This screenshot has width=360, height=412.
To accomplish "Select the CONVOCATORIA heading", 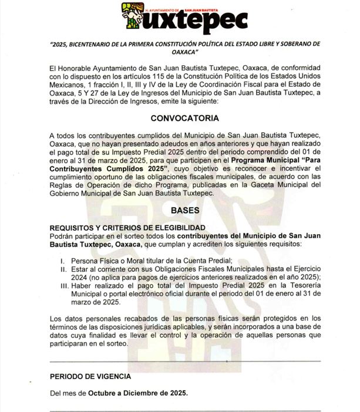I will point(185,118).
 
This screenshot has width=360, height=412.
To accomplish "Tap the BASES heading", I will point(185,210).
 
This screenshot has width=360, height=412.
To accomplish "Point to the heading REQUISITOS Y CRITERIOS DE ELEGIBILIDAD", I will point(127,227).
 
